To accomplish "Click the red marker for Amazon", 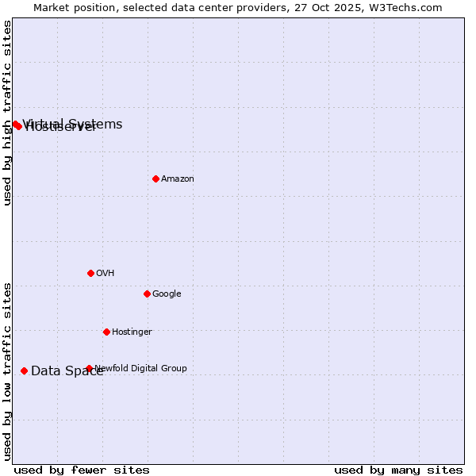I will pyautogui.click(x=155, y=178).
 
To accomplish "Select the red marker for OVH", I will pyautogui.click(x=90, y=273).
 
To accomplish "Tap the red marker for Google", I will pyautogui.click(x=147, y=294).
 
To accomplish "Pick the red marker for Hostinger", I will pyautogui.click(x=106, y=332).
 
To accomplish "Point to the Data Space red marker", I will pyautogui.click(x=24, y=370).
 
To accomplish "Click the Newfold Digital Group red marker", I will pyautogui.click(x=89, y=368).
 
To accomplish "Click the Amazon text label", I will pyautogui.click(x=178, y=179).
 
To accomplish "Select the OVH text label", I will pyautogui.click(x=106, y=274).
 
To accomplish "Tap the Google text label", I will pyautogui.click(x=167, y=294).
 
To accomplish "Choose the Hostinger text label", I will pyautogui.click(x=132, y=332).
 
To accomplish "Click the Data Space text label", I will pyautogui.click(x=67, y=371).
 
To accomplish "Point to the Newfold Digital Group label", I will pyautogui.click(x=141, y=368).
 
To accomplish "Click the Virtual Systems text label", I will pyautogui.click(x=73, y=124).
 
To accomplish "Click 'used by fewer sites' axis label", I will pyautogui.click(x=82, y=470).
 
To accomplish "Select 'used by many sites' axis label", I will pyautogui.click(x=398, y=470).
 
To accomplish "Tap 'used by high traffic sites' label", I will pyautogui.click(x=7, y=113).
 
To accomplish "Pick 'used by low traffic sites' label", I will pyautogui.click(x=7, y=371).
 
